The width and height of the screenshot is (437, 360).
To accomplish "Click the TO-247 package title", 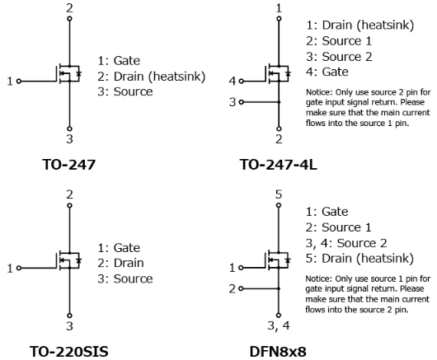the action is [68, 165].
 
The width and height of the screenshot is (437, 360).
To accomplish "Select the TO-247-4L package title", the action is [278, 165].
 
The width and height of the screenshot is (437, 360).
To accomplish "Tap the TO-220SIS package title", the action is [68, 352].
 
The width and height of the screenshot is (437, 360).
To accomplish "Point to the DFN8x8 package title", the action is [278, 352].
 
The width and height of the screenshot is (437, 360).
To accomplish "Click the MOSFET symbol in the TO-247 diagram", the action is [69, 74].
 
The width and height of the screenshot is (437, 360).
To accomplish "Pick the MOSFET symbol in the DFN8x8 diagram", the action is [278, 260].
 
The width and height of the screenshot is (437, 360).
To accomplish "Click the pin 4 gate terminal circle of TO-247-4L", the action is [242, 82].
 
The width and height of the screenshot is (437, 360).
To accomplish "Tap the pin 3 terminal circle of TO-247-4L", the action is [242, 102].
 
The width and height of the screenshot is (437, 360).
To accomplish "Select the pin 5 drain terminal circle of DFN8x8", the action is [279, 205].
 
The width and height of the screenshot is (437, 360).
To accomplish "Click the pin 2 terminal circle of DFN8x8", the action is [241, 288].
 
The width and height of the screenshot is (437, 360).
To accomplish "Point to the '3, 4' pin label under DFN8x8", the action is [279, 325].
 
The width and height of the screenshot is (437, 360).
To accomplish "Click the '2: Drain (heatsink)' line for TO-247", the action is [152, 77].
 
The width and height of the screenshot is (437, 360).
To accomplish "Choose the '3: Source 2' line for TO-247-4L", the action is [339, 57].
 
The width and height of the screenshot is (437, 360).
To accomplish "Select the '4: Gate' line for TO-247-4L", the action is [327, 72].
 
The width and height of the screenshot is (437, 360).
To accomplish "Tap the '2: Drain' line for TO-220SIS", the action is [120, 263].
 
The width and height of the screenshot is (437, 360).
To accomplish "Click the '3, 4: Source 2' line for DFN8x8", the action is [346, 243].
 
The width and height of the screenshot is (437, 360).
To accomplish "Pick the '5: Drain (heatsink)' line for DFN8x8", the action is [359, 259].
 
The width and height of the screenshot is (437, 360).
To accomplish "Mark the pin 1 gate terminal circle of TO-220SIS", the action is [19, 268].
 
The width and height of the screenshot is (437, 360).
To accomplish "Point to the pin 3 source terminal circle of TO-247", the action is [70, 129].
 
